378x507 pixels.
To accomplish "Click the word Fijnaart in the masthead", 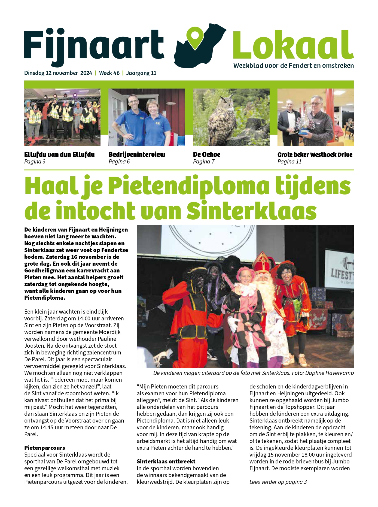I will (94, 45).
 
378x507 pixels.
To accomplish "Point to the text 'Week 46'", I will (109, 73).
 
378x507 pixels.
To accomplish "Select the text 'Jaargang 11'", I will (141, 73).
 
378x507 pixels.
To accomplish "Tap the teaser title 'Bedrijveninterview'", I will (137, 154).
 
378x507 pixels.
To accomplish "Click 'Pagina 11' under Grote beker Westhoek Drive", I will (289, 162).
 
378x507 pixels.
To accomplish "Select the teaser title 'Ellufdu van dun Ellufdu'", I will (59, 154).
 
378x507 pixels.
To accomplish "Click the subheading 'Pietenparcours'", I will (45, 448).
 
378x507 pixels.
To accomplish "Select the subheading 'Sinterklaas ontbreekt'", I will (166, 461).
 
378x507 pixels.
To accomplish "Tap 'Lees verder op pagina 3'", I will (278, 482).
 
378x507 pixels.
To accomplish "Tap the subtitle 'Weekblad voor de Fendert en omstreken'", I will (294, 66).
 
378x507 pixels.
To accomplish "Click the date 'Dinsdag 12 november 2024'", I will (58, 73).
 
